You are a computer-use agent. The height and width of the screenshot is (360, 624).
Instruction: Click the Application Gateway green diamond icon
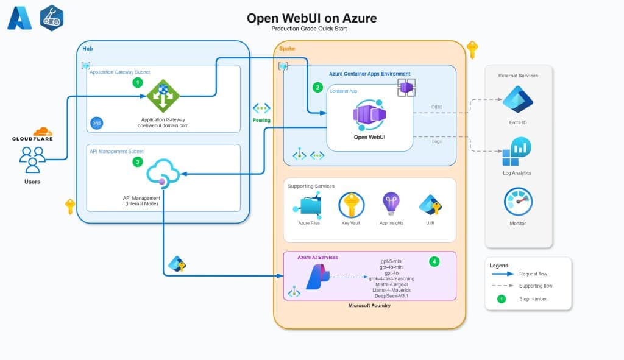(163, 96)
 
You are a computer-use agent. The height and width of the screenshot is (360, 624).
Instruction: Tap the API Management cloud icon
(163, 173)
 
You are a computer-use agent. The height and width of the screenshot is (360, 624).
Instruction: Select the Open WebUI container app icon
(369, 115)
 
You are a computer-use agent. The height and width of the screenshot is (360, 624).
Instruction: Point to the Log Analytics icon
(517, 152)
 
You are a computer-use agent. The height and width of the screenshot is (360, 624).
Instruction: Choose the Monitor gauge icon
(518, 202)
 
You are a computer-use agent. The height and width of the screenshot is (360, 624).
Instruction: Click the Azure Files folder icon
(309, 205)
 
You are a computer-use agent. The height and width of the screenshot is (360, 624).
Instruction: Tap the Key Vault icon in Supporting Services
(351, 205)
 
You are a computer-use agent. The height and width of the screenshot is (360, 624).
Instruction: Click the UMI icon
(430, 205)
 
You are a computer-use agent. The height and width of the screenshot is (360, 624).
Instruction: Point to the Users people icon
(32, 159)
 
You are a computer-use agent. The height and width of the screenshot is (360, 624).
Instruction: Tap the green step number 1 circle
(138, 82)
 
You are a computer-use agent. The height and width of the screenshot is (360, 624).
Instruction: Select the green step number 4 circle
(434, 261)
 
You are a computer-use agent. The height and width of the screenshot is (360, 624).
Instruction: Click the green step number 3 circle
(138, 162)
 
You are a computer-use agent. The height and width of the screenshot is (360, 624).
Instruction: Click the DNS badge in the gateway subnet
(96, 123)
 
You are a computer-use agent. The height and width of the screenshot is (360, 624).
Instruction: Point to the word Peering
(261, 120)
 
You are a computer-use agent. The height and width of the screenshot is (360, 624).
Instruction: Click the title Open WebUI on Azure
(311, 18)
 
